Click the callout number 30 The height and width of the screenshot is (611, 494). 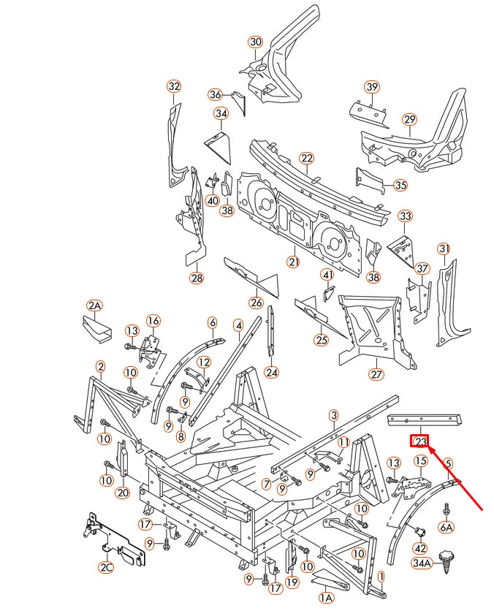254,42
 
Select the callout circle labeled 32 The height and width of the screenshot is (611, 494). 173,86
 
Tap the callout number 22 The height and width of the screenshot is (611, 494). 306,158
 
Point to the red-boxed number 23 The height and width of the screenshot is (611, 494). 420,441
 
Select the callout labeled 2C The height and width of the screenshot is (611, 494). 107,567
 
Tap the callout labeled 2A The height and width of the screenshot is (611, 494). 94,305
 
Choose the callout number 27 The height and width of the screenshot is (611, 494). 376,375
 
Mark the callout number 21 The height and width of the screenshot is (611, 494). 294,262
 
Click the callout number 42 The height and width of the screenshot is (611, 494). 419,547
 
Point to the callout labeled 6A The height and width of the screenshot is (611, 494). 446,526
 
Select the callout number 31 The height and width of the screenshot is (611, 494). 444,249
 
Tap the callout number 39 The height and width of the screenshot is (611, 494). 372,87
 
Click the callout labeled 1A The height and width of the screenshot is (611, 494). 325,597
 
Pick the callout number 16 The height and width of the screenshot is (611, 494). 153,320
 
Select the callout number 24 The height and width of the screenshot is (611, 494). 272,372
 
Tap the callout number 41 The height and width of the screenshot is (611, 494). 327,275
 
